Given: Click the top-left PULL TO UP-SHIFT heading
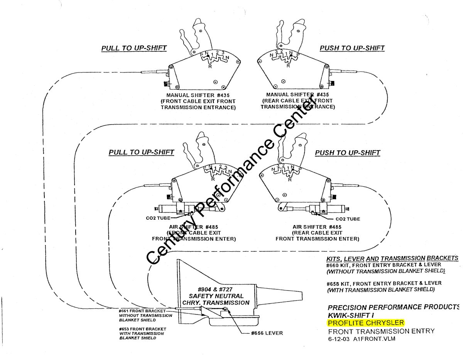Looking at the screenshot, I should click(x=134, y=48).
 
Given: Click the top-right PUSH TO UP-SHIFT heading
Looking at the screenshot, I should click(x=352, y=48).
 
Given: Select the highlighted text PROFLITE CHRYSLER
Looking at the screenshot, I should click(x=366, y=323).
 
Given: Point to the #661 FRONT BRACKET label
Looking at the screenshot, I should click(x=142, y=311).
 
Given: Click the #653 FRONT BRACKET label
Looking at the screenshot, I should click(x=142, y=329).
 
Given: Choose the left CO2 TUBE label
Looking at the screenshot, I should click(x=157, y=218).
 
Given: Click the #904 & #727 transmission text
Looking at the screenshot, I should click(x=215, y=289).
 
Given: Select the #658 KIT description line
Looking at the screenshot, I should click(x=384, y=283).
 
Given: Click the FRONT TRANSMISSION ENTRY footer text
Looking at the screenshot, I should click(x=381, y=331).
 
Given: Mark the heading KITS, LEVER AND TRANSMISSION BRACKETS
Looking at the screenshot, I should click(x=392, y=258).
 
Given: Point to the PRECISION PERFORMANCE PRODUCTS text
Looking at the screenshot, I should click(x=393, y=307).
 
